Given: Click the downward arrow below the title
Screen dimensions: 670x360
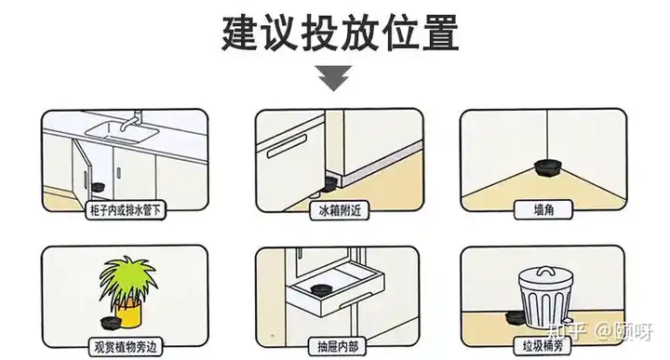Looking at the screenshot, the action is click(x=335, y=78).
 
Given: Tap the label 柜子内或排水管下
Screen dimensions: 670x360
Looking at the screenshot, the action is click(x=126, y=209).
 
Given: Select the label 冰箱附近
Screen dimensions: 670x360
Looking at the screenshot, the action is click(x=340, y=210).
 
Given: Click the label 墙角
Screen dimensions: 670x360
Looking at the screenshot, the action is click(x=543, y=209).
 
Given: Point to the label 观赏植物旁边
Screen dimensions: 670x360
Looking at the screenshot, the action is click(x=125, y=347).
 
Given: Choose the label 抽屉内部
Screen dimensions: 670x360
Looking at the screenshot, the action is click(x=338, y=346).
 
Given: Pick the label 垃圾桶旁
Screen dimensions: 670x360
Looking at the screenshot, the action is click(x=543, y=345).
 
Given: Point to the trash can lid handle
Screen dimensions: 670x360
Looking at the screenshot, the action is click(x=544, y=272).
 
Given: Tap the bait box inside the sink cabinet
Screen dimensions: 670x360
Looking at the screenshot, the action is click(x=98, y=187).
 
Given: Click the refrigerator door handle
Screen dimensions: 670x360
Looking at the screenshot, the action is click(x=287, y=146).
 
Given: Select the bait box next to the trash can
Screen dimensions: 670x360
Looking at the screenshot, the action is click(x=514, y=317).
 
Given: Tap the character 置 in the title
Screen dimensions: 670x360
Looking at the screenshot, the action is click(x=441, y=33).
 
